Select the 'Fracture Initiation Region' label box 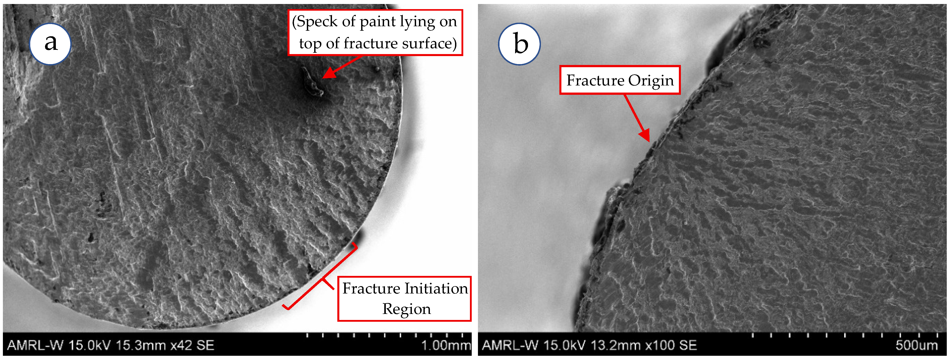405,298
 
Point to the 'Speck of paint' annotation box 375,32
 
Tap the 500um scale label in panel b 916,346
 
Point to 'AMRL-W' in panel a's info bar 35,346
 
